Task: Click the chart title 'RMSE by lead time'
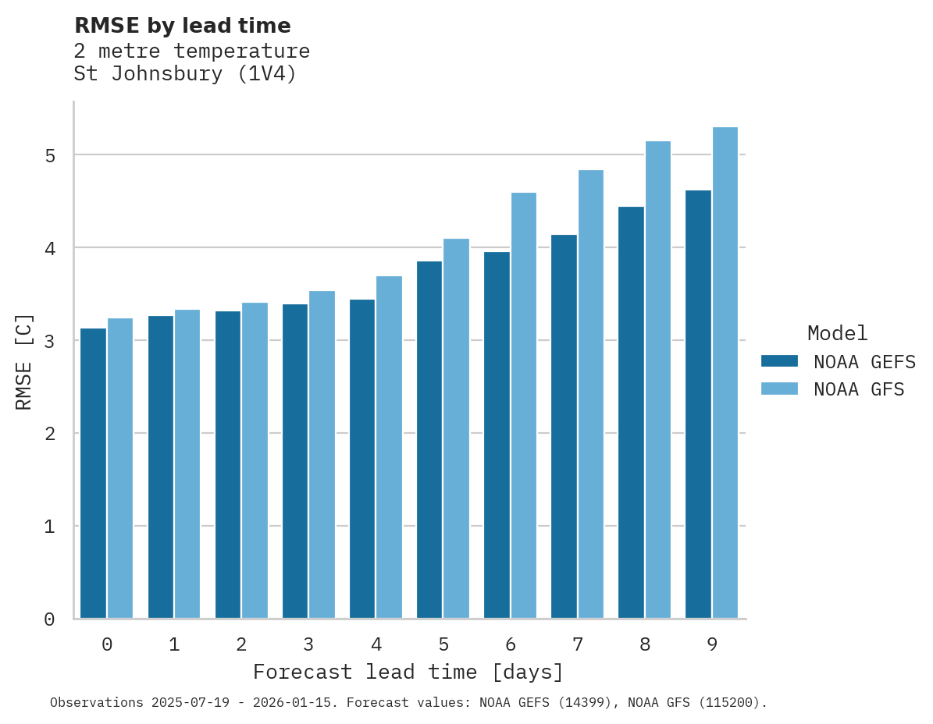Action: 182,26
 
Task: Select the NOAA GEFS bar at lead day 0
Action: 94,474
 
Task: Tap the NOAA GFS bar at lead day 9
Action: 725,373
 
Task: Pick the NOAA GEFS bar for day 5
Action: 429,440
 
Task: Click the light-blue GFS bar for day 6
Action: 524,406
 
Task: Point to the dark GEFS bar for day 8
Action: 631,413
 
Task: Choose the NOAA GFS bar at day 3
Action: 322,455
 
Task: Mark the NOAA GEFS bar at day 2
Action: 228,465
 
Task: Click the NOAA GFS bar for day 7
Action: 591,394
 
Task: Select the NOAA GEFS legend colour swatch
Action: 779,361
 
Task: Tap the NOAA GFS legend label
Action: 859,389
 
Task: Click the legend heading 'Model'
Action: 837,333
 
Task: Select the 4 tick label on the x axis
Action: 376,645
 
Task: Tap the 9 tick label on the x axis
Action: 712,645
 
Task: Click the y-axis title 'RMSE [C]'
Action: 24,361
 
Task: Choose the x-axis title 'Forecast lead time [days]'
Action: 408,672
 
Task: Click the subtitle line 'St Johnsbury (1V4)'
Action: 185,75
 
